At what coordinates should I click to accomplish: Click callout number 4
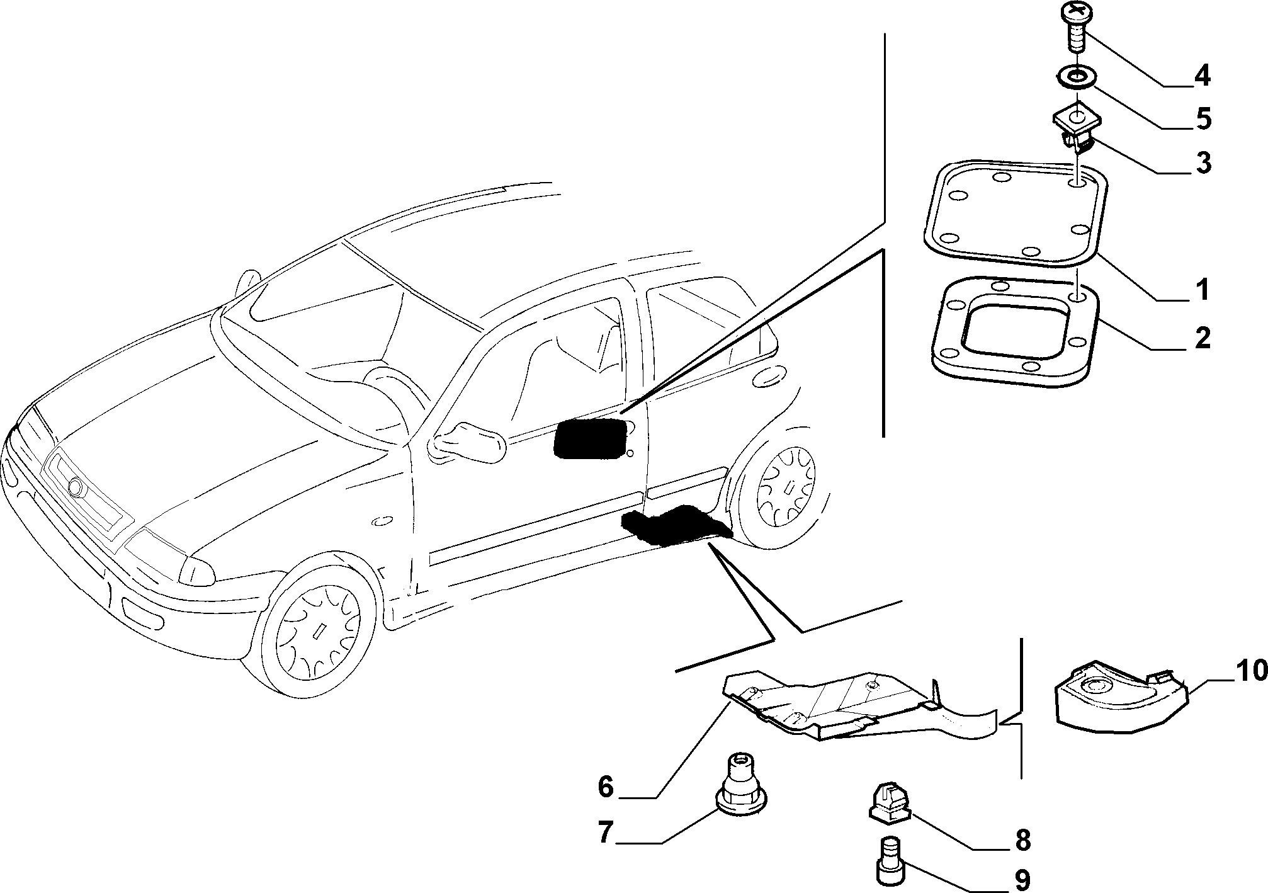click(x=1202, y=76)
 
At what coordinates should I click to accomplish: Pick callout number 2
click(x=1202, y=339)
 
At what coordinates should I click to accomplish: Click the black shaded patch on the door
click(x=590, y=436)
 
